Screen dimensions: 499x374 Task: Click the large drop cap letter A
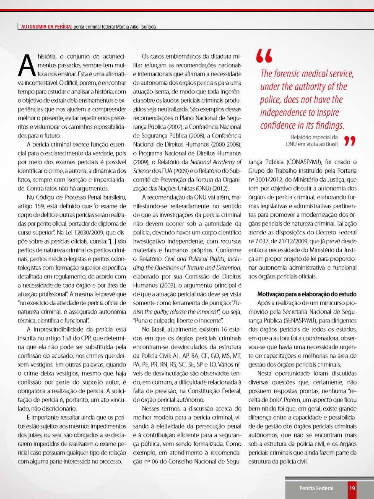pyautogui.click(x=26, y=63)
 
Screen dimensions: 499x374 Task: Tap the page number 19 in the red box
pyautogui.click(x=352, y=488)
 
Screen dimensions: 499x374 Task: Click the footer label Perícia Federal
pyautogui.click(x=316, y=488)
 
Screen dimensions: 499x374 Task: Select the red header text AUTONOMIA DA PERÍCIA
pyautogui.click(x=47, y=27)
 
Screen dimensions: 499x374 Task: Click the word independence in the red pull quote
pyautogui.click(x=283, y=113)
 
